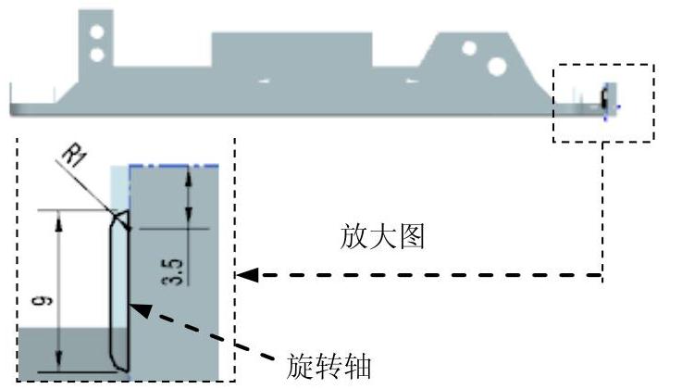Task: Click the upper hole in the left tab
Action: pyautogui.click(x=96, y=33)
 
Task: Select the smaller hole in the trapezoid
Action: pyautogui.click(x=469, y=46)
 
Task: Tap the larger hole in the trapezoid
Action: pyautogui.click(x=497, y=65)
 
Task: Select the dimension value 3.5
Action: pyautogui.click(x=178, y=273)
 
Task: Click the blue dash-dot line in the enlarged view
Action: pyautogui.click(x=176, y=166)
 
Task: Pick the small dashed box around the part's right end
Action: pyautogui.click(x=603, y=102)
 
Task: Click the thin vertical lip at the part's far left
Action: pyautogui.click(x=11, y=96)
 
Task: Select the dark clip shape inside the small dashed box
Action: pyautogui.click(x=604, y=98)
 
